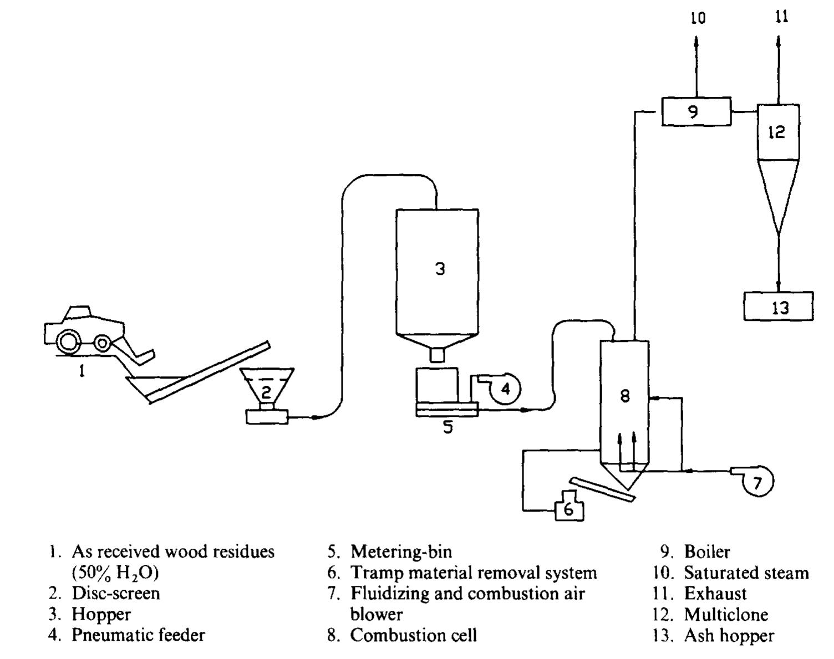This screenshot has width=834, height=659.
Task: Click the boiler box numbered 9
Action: coord(696,112)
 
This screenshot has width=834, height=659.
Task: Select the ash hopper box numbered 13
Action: coord(778,306)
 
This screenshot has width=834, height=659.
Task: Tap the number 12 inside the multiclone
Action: coord(776,132)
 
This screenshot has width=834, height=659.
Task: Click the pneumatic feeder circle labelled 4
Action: coord(505,389)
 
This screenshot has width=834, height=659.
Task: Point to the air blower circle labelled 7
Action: coord(757,482)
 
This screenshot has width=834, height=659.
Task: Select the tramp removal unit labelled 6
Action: coord(569,507)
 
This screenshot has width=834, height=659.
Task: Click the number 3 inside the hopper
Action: coord(440,269)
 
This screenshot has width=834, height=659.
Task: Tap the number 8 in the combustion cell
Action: coord(625,396)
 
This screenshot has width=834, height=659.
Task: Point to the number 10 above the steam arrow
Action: coord(698,18)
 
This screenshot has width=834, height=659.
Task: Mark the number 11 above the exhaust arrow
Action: coord(781,17)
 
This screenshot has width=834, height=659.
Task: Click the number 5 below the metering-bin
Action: coord(447,427)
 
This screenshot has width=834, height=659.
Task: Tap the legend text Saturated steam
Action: coord(746,573)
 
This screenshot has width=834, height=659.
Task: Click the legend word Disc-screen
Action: coord(115,594)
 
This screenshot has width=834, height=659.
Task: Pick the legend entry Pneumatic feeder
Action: coord(138,635)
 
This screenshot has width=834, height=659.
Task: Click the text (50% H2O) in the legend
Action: coord(115,573)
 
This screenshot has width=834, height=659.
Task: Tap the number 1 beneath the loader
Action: coord(82,371)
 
